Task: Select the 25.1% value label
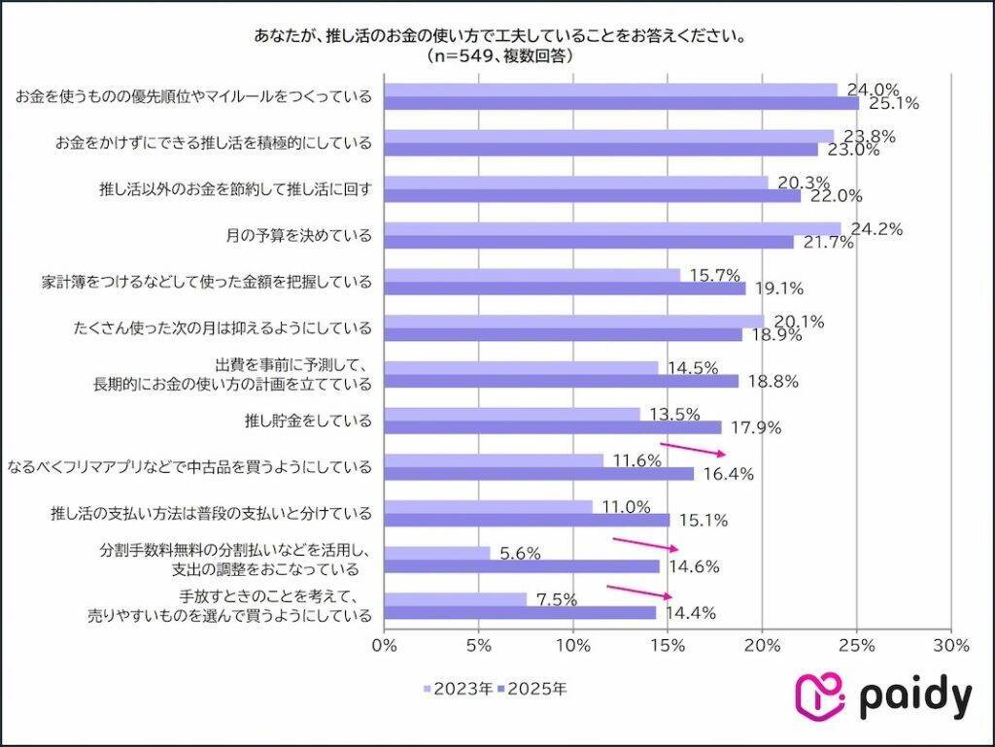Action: point(894,103)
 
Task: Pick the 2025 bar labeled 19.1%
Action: point(565,289)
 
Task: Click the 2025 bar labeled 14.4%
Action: point(520,613)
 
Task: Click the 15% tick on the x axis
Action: point(668,643)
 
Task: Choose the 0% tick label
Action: point(385,643)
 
